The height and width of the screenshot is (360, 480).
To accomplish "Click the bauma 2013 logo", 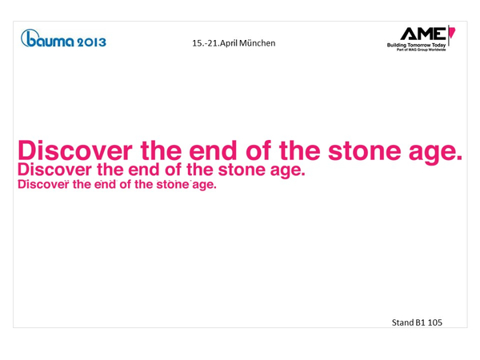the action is (x=63, y=38).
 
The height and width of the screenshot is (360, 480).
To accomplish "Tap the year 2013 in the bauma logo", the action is (x=91, y=42).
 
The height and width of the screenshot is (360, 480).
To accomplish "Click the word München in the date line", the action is (x=257, y=43).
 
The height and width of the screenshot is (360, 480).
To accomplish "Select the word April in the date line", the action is (x=229, y=43).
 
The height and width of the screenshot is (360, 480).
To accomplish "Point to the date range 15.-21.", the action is (x=206, y=43).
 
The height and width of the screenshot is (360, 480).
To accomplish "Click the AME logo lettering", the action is (x=423, y=34).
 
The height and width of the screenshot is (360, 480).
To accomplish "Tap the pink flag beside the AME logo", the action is (x=452, y=33).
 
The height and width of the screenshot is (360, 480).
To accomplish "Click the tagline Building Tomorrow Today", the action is (x=416, y=45).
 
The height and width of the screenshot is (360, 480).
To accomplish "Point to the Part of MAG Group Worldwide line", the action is (x=422, y=50).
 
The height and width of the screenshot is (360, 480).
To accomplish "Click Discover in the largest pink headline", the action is (x=75, y=150).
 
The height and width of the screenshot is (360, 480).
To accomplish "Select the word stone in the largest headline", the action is (x=364, y=151).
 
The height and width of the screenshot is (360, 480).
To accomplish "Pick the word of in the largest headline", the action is (x=258, y=150).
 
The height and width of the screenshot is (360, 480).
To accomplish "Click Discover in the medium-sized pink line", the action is (x=54, y=170).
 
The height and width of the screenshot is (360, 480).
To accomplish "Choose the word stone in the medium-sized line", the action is (x=242, y=170).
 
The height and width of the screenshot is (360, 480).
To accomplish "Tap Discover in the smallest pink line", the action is (x=43, y=185).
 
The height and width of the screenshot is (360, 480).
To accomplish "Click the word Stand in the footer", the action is (x=402, y=322).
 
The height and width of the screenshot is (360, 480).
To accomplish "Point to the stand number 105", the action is (x=435, y=322).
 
